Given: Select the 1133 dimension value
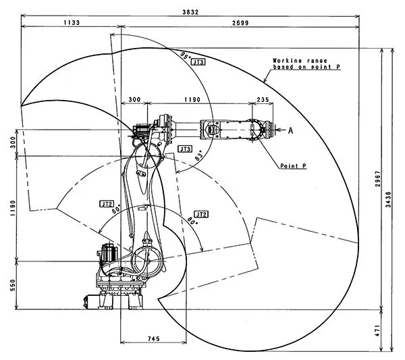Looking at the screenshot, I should [x=72, y=22].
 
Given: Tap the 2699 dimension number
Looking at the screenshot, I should [x=240, y=22].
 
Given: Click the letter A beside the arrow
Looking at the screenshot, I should [x=290, y=128].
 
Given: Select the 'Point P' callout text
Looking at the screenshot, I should [x=294, y=165].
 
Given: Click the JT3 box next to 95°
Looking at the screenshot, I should [x=198, y=62].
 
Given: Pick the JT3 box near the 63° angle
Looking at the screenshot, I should [x=185, y=149].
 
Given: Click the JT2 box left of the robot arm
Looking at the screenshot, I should [x=107, y=203].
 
